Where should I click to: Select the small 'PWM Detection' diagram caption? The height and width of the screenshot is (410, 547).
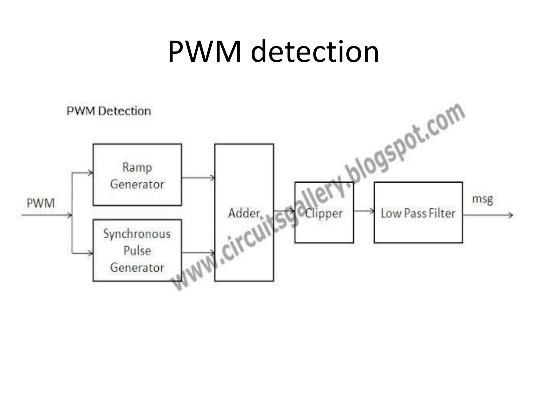(x=109, y=111)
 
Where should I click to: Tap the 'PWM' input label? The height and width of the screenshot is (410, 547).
(x=41, y=203)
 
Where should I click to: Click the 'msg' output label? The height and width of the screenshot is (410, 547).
(x=482, y=199)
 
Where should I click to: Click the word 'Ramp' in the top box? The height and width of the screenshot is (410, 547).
(x=137, y=168)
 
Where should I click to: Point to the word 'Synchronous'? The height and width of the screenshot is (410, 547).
(x=137, y=234)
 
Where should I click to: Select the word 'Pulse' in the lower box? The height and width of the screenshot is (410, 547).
(x=137, y=251)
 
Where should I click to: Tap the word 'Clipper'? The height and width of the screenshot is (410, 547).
(x=324, y=213)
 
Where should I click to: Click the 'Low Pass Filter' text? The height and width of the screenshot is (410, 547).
(x=418, y=213)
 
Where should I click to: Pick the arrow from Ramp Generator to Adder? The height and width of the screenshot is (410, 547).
(x=198, y=178)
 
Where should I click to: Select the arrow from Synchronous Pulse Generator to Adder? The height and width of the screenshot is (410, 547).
(x=198, y=252)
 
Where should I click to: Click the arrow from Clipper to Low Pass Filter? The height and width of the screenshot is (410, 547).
(x=364, y=211)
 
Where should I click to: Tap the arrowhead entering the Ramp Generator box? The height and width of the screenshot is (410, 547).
(x=90, y=173)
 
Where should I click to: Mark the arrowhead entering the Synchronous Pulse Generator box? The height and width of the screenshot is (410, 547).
(x=90, y=253)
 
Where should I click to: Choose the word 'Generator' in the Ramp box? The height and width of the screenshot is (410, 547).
(x=137, y=184)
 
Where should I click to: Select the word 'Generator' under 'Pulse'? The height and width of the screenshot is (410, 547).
(x=137, y=268)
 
